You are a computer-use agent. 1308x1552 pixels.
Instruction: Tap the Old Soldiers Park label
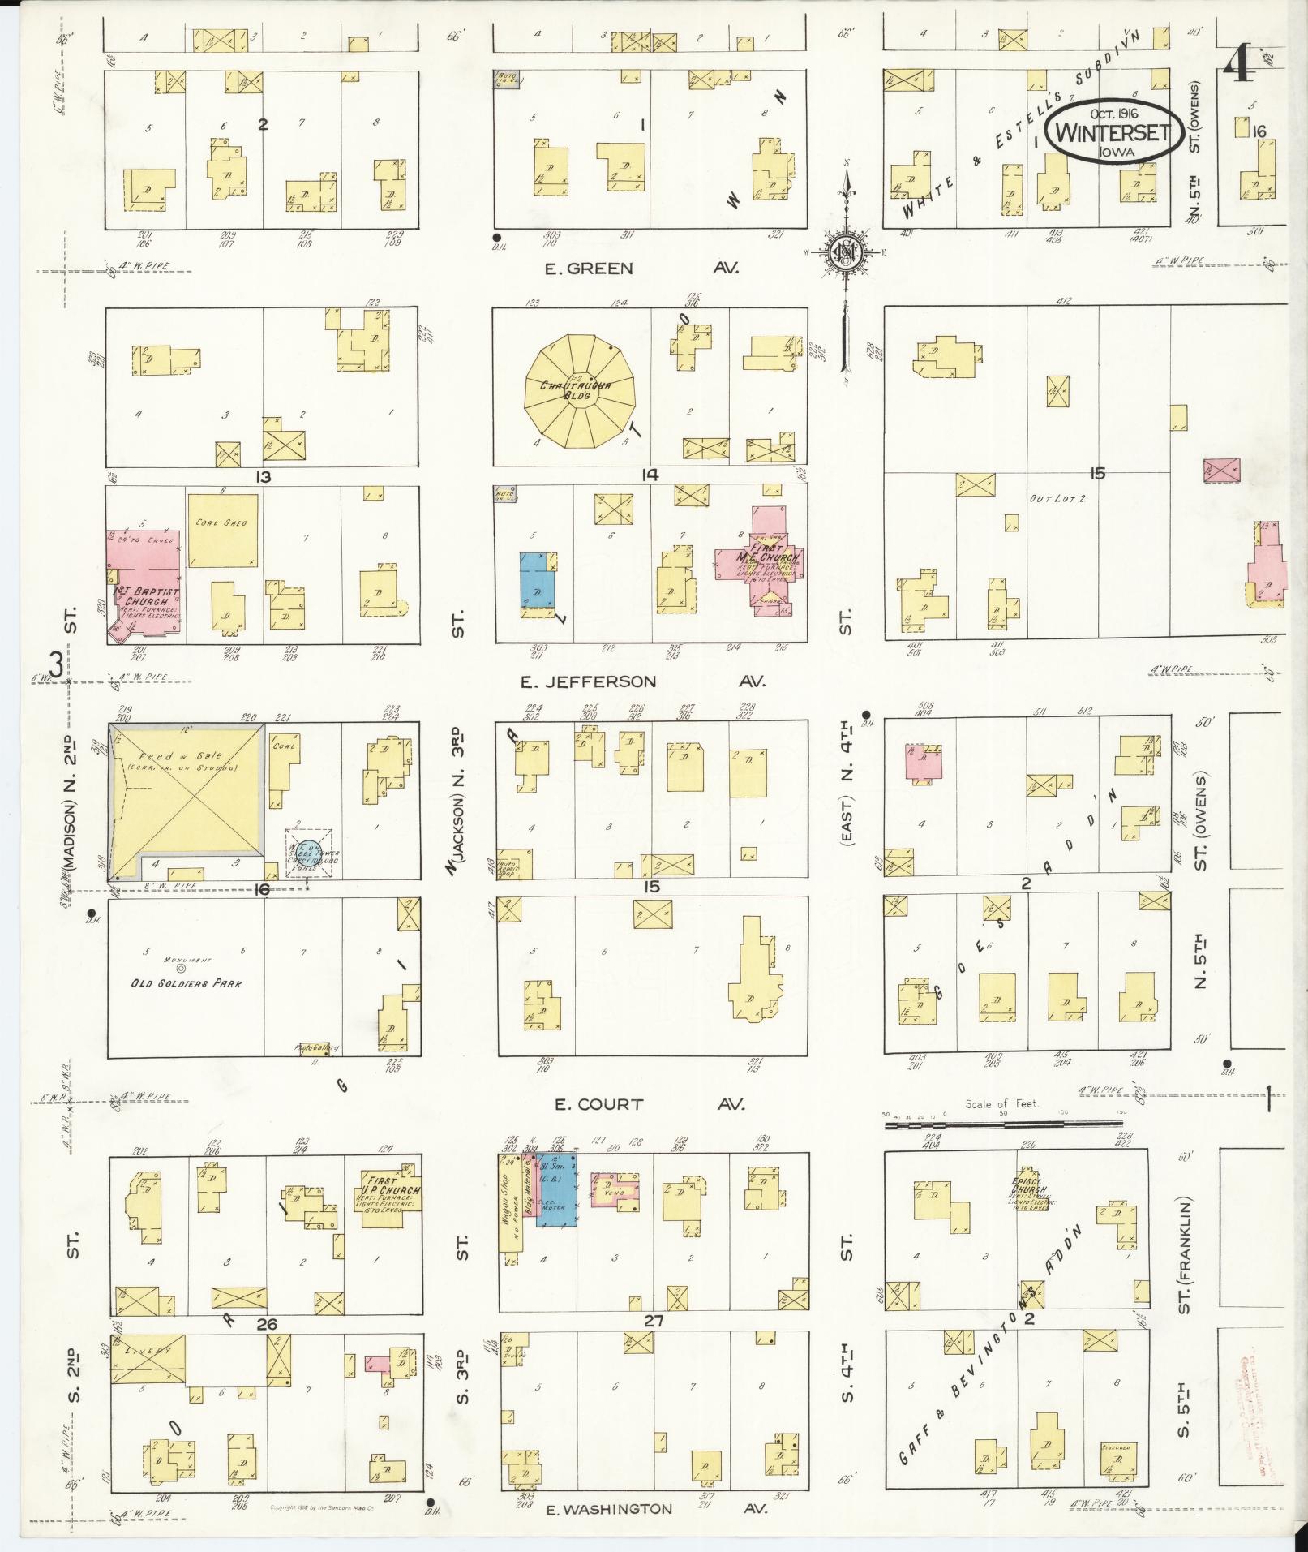pyautogui.click(x=188, y=983)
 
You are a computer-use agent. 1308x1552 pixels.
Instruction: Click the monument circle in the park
pyautogui.click(x=181, y=967)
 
